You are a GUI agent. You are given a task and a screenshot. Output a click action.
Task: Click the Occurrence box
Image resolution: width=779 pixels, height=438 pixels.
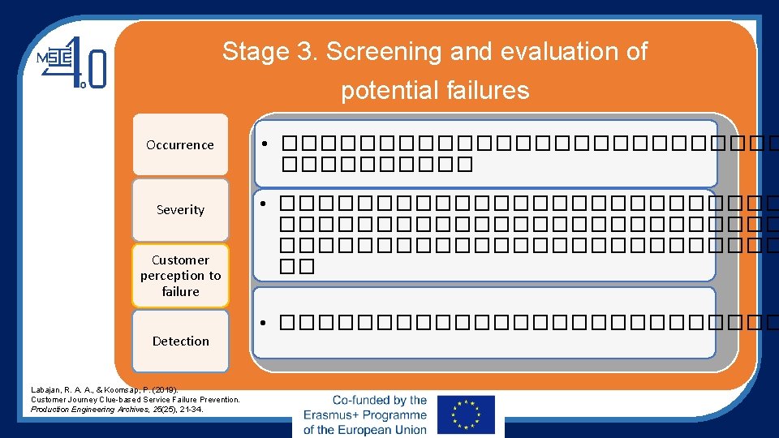pos(180,145)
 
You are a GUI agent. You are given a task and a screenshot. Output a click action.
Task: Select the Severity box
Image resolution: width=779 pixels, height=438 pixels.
pos(180,209)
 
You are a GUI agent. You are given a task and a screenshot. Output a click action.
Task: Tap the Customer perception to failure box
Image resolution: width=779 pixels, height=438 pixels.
pos(180,276)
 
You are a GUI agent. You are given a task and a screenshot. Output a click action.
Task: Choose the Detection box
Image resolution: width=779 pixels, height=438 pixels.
pos(180,341)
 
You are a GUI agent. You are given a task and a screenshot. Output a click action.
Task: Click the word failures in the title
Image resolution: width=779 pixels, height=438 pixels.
pos(487,90)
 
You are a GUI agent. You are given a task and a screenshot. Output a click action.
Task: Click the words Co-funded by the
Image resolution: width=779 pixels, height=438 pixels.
pos(379,400)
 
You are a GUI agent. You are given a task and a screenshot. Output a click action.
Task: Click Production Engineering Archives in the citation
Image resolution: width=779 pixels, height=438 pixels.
pos(82,410)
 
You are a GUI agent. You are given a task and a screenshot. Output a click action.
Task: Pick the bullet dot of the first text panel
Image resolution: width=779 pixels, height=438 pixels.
pos(265,146)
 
